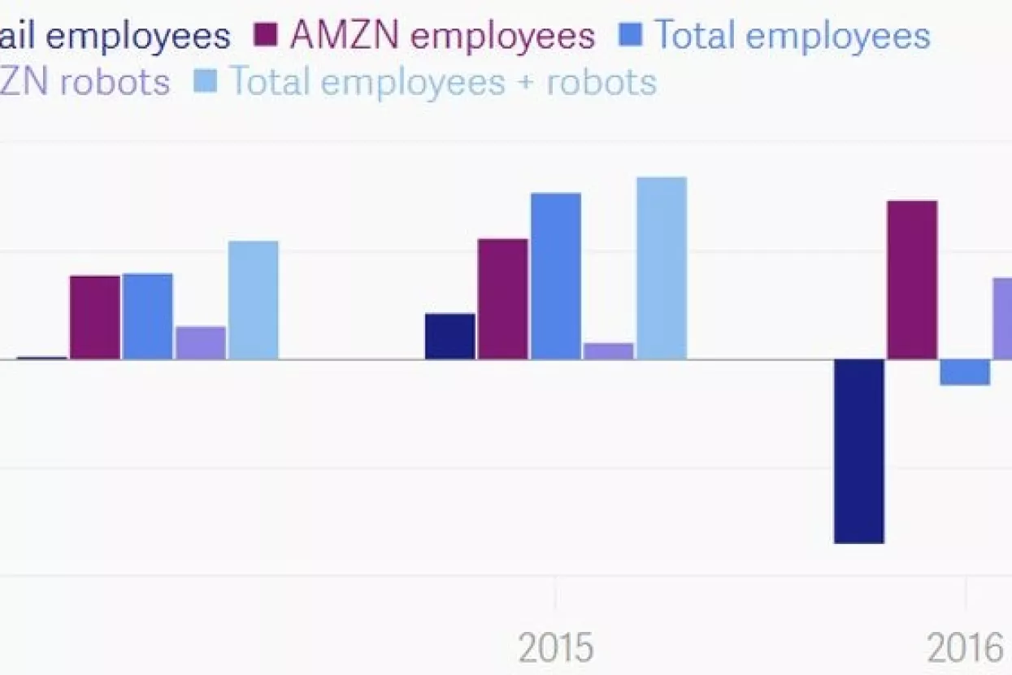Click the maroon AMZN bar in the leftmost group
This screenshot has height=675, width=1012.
click(95, 317)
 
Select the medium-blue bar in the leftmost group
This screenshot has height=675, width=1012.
click(147, 316)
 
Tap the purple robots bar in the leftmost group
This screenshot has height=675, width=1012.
click(200, 342)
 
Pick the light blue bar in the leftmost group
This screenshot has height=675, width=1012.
click(253, 299)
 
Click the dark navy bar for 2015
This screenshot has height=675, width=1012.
click(450, 336)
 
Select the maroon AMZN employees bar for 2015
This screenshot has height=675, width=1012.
click(502, 298)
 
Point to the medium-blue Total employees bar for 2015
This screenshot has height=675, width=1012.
click(556, 276)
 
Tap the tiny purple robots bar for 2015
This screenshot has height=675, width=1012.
click(608, 351)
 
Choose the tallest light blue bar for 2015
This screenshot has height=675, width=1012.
click(662, 268)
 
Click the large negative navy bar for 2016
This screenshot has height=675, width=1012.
click(858, 451)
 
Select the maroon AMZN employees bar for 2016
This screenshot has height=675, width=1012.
click(912, 280)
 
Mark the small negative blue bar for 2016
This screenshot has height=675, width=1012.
click(965, 372)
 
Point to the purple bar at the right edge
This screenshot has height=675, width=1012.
click(1002, 318)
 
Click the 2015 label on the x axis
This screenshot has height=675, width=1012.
click(556, 649)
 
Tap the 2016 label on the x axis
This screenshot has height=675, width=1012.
click(965, 649)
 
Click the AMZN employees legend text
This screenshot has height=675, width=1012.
click(443, 35)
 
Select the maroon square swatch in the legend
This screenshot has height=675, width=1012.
click(267, 35)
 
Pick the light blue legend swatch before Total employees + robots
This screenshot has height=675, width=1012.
click(205, 82)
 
